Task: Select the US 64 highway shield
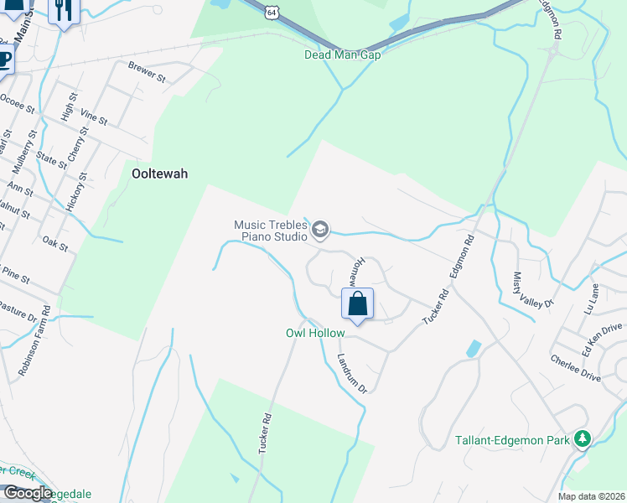(269, 10)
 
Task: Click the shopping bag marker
(358, 304)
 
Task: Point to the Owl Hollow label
(315, 333)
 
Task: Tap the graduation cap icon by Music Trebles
(320, 229)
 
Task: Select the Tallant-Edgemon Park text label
(511, 439)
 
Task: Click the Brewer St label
(148, 72)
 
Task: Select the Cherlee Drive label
(576, 368)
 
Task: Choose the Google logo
(27, 493)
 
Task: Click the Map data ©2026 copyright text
(591, 496)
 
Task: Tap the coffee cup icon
(4, 60)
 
